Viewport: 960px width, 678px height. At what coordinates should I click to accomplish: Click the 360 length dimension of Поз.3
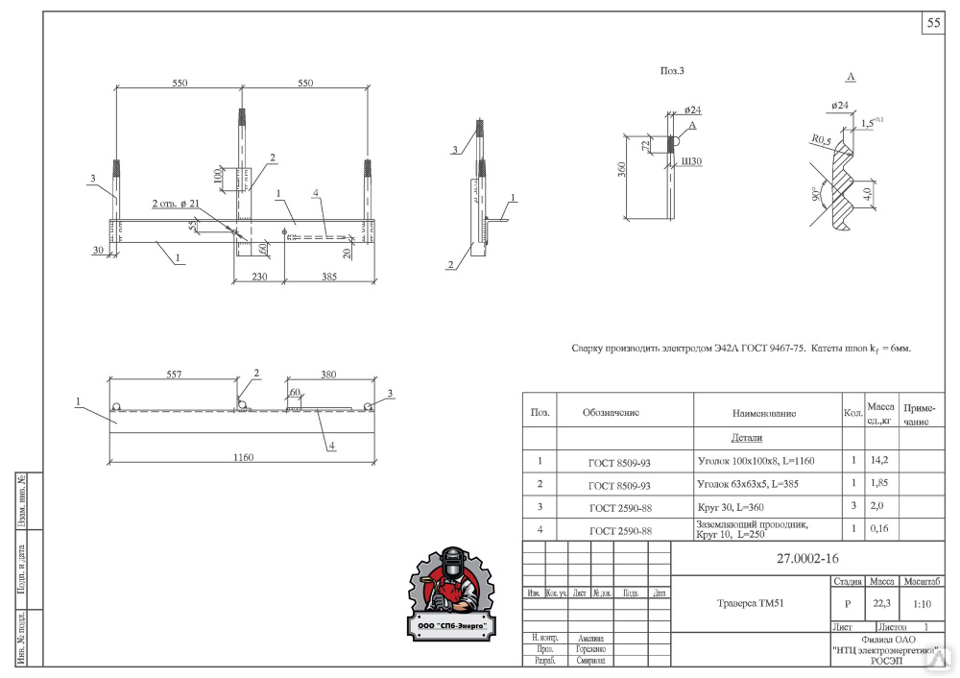622,170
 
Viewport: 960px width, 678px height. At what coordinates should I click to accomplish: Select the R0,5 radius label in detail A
819,140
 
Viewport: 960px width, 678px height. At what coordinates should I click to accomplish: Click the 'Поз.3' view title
671,70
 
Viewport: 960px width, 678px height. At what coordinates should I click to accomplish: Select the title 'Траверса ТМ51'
752,604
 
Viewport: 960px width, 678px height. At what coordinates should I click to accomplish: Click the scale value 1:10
923,604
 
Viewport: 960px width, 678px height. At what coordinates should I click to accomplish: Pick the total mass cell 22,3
881,604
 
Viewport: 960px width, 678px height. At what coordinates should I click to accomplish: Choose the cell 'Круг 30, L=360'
739,506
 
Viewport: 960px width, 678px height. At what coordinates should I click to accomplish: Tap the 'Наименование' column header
763,414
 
